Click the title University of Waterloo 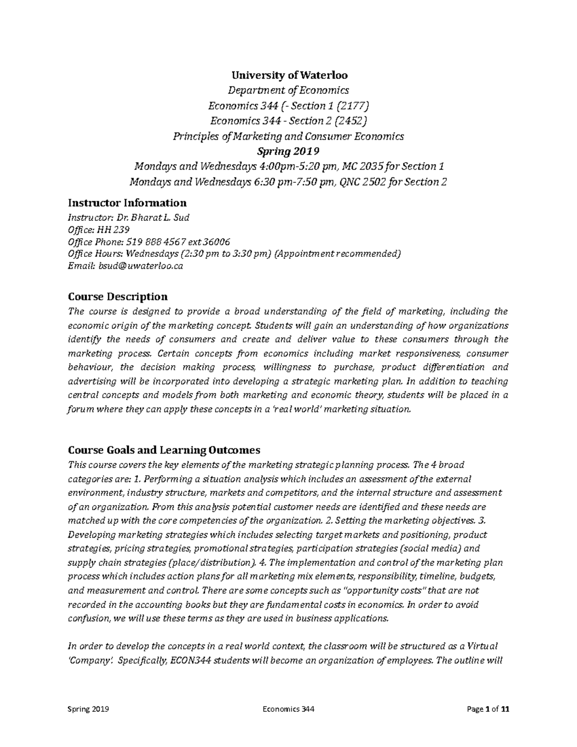(289, 76)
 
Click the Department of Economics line (288, 90)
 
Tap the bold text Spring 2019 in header (288, 152)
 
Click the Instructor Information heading (127, 203)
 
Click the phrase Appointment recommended (337, 254)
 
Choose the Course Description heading (118, 296)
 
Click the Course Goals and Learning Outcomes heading (164, 450)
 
